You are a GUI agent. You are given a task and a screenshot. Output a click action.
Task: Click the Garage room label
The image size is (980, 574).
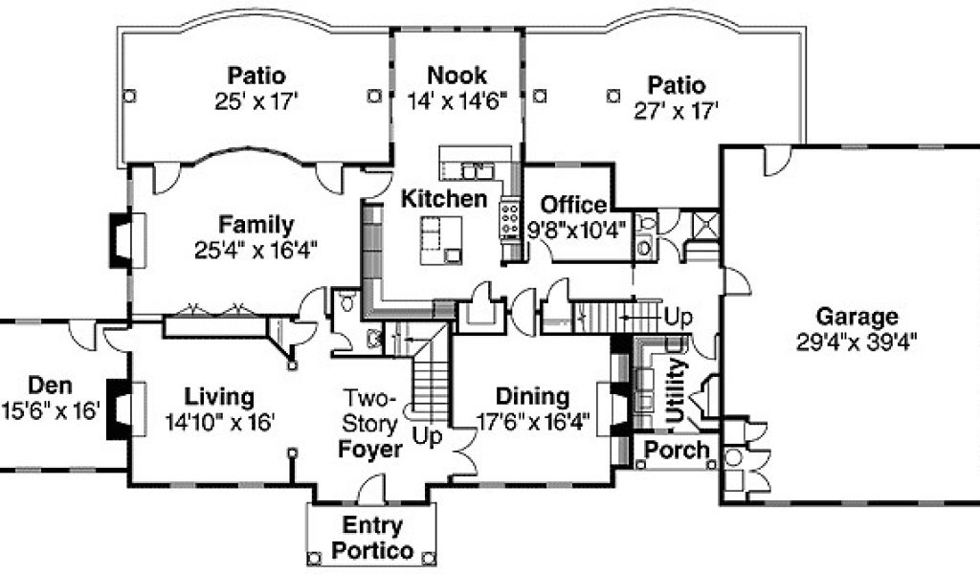click(x=857, y=317)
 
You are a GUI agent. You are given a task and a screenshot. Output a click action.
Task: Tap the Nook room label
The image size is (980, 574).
click(x=457, y=76)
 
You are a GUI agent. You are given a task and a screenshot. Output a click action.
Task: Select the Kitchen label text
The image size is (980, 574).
click(x=444, y=199)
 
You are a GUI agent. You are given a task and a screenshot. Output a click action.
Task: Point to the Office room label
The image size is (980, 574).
click(x=573, y=204)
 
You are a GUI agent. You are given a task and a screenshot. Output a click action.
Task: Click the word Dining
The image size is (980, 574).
click(x=532, y=396)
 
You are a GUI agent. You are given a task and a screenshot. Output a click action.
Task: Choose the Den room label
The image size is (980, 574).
click(x=50, y=386)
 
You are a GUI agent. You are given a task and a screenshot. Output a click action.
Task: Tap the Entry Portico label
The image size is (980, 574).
click(x=372, y=538)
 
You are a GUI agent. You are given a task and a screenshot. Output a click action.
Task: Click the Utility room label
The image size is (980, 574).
click(x=677, y=390)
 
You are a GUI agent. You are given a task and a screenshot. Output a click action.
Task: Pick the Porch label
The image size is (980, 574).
click(x=677, y=449)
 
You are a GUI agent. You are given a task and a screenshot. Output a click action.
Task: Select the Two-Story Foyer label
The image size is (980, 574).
click(x=370, y=424)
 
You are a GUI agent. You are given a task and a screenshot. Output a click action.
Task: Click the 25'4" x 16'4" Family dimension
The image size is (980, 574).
click(x=256, y=251)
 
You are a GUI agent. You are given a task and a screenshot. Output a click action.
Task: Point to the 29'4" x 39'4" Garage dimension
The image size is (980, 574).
click(x=857, y=342)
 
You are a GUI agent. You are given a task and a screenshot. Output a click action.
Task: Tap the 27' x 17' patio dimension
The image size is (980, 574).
click(x=677, y=111)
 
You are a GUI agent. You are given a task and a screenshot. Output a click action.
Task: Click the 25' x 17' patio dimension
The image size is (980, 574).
click(x=256, y=101)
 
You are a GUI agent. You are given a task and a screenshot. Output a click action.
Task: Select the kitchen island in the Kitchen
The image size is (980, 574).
click(x=441, y=240)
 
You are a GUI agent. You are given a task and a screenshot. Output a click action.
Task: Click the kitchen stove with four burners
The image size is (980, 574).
click(x=510, y=219)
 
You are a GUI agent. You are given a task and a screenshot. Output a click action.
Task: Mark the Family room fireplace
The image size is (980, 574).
click(x=128, y=240)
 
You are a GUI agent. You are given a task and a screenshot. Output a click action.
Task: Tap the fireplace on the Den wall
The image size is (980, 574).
click(x=128, y=409)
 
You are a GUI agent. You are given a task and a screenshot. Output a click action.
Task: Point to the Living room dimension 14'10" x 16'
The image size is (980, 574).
click(x=219, y=423)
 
